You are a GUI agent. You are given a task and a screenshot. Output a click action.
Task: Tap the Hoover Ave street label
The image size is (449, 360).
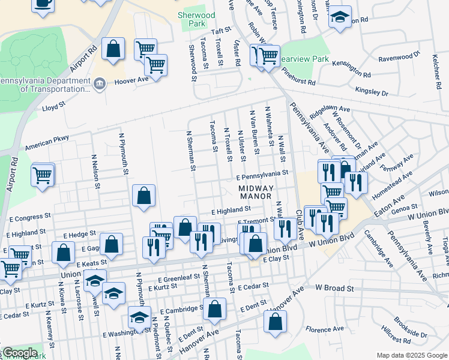point(130,80)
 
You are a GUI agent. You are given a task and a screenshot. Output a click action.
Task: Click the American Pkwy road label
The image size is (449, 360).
point(47,143)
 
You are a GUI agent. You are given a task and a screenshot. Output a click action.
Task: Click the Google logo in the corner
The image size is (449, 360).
point(20,353)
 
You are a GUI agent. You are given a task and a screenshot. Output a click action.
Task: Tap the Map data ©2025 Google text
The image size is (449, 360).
point(411,355)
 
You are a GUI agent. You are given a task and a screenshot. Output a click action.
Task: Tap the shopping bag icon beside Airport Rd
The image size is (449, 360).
point(113,49)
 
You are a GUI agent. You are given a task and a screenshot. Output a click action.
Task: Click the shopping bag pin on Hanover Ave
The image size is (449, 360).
point(275,322)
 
